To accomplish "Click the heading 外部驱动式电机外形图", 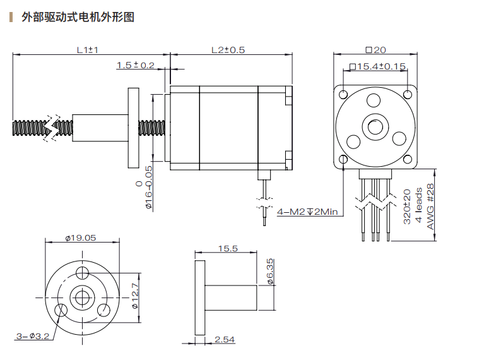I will [78, 17].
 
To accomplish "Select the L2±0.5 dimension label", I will [228, 49].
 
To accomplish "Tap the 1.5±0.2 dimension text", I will [135, 65].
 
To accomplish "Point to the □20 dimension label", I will [375, 50].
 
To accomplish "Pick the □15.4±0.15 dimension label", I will [377, 66].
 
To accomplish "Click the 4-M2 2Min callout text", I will [307, 212].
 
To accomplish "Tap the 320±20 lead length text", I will [407, 208].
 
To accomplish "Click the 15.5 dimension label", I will [228, 249].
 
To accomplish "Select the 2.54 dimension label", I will [224, 340].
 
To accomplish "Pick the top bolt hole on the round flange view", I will [82, 273].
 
